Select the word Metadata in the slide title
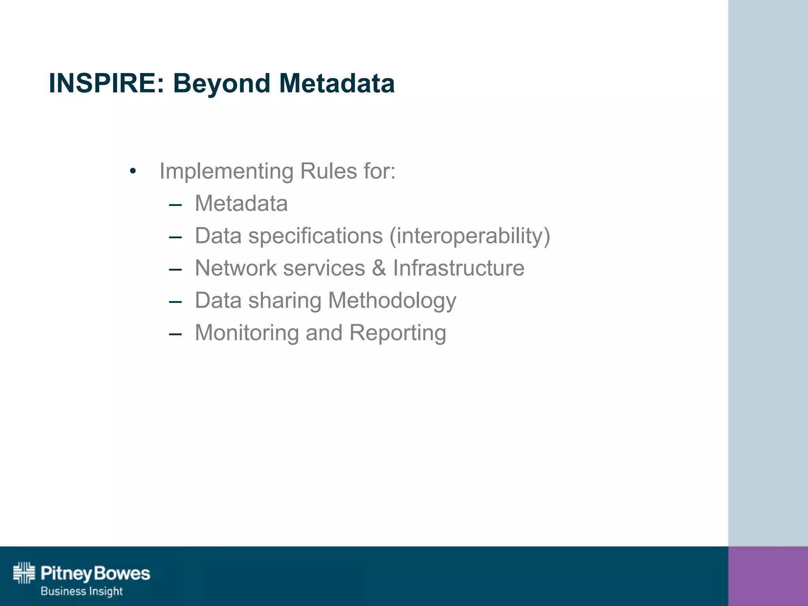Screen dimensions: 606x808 pos(337,83)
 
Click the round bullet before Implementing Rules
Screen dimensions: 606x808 pos(133,172)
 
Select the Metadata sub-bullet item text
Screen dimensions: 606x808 pos(241,204)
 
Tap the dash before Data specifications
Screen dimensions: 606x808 pos(175,237)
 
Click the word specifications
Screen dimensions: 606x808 pos(315,236)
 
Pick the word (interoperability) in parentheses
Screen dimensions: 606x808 pos(469,236)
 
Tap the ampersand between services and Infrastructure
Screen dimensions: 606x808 pos(379,268)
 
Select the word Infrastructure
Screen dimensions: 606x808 pos(458,268)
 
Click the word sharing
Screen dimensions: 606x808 pos(285,301)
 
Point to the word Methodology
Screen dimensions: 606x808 pos(392,301)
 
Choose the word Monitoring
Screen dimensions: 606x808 pos(247,333)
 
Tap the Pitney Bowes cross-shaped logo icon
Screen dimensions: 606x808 pos(24,573)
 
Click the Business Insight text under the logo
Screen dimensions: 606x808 pos(82,591)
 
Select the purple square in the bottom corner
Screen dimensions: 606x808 pos(768,576)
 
